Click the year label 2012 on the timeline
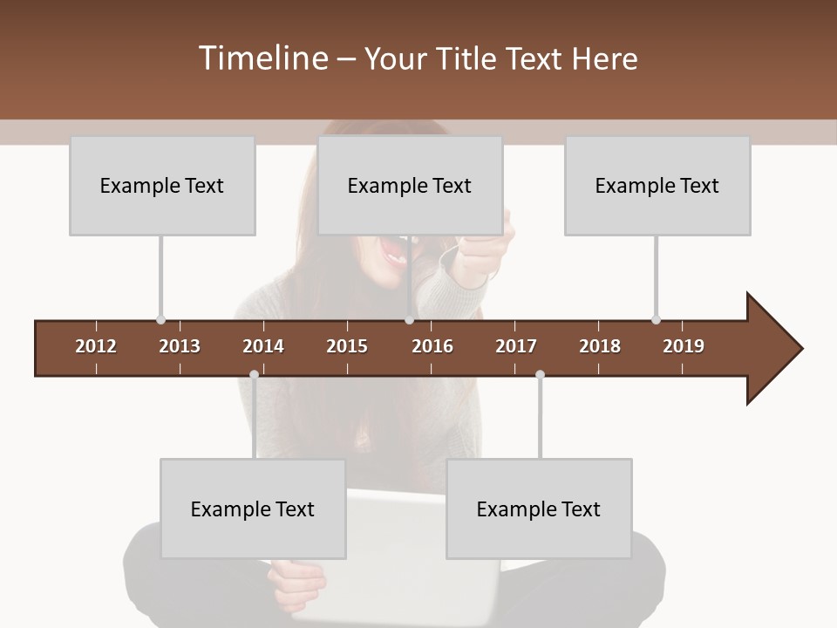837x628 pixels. (x=96, y=346)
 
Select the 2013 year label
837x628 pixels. (x=180, y=346)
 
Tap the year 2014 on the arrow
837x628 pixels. (x=263, y=346)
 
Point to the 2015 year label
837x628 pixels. (x=347, y=346)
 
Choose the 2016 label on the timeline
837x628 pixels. (x=432, y=346)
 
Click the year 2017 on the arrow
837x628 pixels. (x=516, y=346)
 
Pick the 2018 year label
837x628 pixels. (x=600, y=346)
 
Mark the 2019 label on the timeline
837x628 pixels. (x=684, y=346)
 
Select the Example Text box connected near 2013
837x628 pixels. (x=162, y=186)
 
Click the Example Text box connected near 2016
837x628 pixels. (x=410, y=186)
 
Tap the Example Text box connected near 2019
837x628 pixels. (x=657, y=186)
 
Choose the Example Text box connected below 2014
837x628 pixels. (x=253, y=509)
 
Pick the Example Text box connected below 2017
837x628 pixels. (x=539, y=509)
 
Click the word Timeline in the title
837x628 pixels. (x=262, y=58)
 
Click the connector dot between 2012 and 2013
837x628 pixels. (x=160, y=320)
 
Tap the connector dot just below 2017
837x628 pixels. (x=540, y=375)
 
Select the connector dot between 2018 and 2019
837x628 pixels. (x=656, y=320)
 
